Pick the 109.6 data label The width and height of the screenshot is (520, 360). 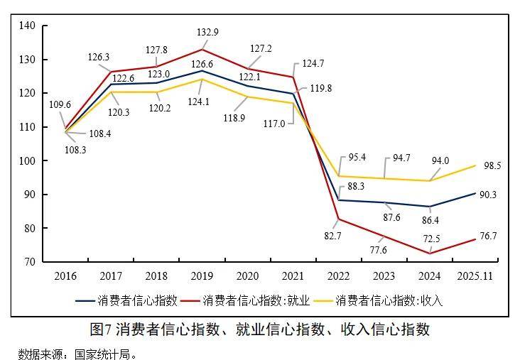[x=60, y=104]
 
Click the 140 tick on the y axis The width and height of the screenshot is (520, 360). [x=28, y=26]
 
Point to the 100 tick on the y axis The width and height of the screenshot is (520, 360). [x=28, y=161]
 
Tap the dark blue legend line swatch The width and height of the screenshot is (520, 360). [x=85, y=300]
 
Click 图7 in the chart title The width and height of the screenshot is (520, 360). [x=101, y=329]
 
